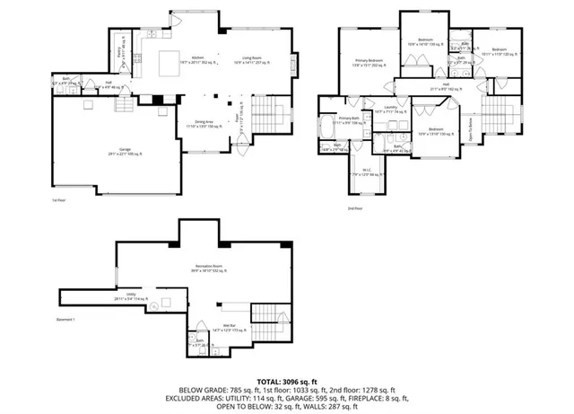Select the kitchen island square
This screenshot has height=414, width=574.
pyautogui.click(x=169, y=64)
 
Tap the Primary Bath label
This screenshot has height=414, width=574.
pyautogui.click(x=350, y=119)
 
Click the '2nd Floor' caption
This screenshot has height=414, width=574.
pyautogui.click(x=357, y=207)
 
